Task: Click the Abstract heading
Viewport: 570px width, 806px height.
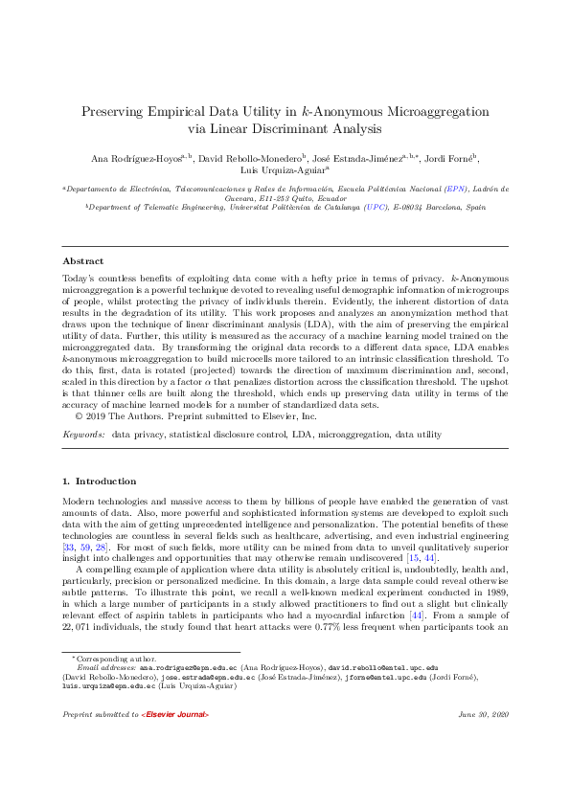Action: pos(83,261)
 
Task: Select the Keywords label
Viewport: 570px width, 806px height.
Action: pos(83,435)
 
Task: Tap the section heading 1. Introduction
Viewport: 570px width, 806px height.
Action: pos(99,481)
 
